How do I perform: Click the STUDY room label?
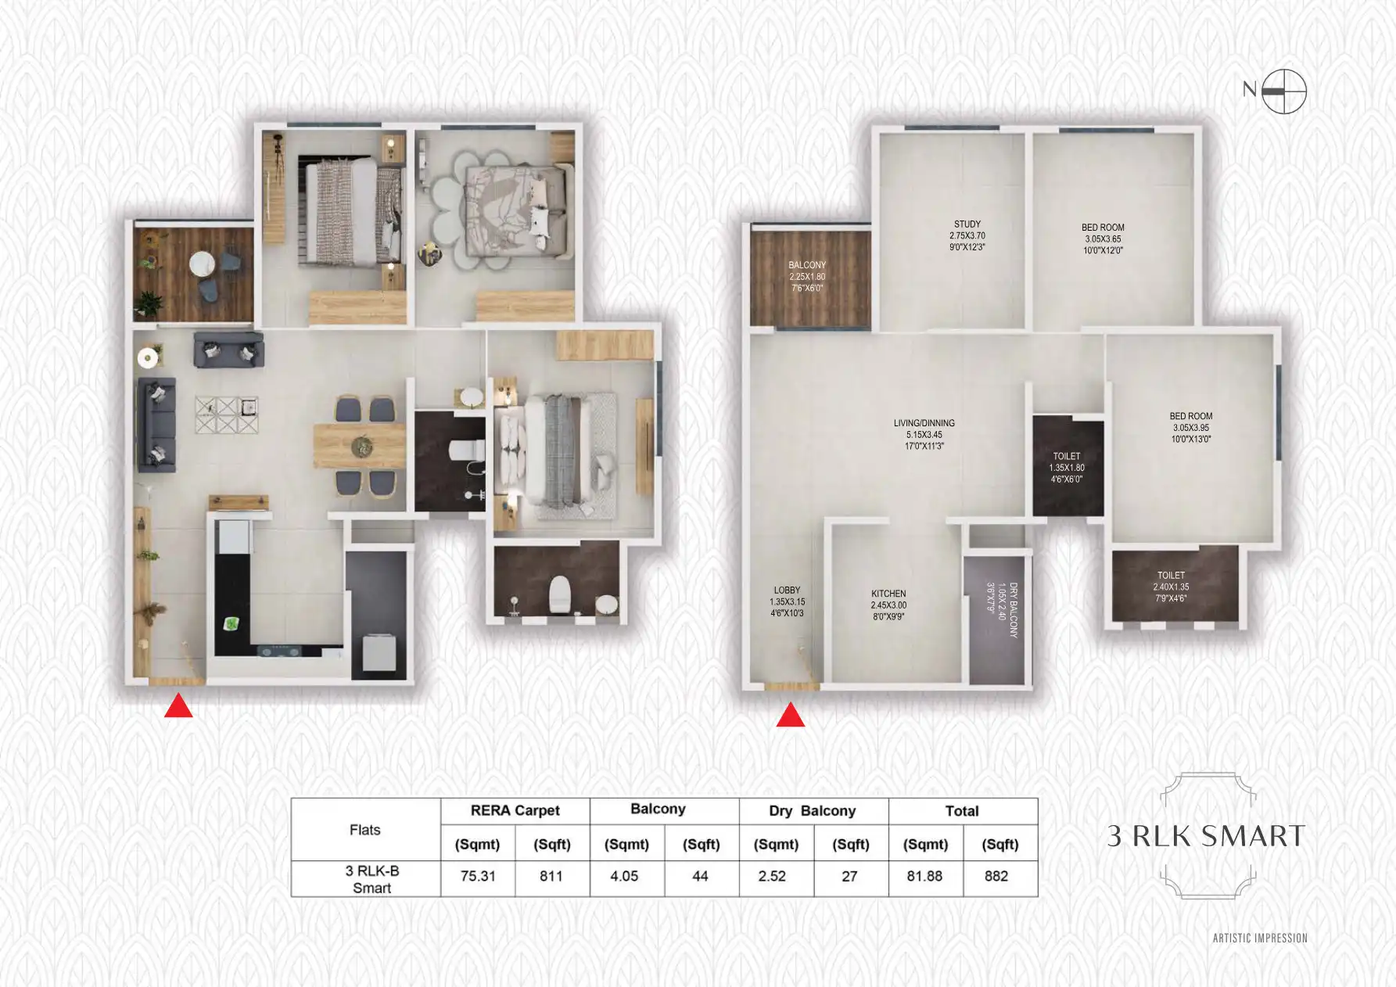(x=967, y=235)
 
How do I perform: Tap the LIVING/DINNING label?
(x=924, y=434)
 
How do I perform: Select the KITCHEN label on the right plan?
(x=888, y=605)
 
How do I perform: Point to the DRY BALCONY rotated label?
(x=1002, y=610)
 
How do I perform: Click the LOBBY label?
(x=787, y=601)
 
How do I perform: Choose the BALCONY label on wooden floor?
(x=807, y=276)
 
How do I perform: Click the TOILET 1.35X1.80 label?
(x=1067, y=468)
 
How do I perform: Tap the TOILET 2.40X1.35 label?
(x=1171, y=587)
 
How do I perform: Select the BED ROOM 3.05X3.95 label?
(x=1190, y=427)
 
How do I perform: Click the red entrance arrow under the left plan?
(x=178, y=706)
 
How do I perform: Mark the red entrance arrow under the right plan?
(x=790, y=715)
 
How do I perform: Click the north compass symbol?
(x=1283, y=92)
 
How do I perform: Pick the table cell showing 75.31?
(x=478, y=877)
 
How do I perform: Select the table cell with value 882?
(x=996, y=877)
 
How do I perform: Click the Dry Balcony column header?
(x=813, y=811)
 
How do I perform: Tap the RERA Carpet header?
(x=515, y=811)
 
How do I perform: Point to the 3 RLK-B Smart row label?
(x=371, y=879)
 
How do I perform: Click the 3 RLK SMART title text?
(x=1206, y=836)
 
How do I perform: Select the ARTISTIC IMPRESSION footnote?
(x=1260, y=938)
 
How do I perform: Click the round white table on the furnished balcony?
(x=202, y=264)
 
